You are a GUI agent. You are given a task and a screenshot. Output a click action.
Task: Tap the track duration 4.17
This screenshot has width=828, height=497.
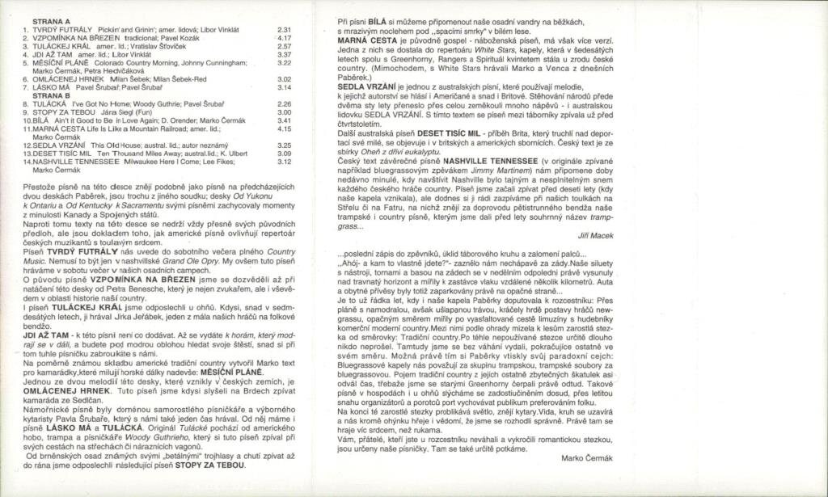[284, 37]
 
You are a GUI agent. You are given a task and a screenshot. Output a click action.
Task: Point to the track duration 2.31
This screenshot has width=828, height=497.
[284, 29]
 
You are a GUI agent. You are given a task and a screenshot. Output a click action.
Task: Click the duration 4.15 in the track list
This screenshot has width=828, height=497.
[284, 128]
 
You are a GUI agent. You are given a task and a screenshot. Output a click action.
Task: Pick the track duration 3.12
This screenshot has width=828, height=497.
[284, 162]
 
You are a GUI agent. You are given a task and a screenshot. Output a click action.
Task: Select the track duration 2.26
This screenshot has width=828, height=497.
[284, 104]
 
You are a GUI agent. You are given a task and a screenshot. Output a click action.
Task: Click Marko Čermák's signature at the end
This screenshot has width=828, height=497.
[582, 457]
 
